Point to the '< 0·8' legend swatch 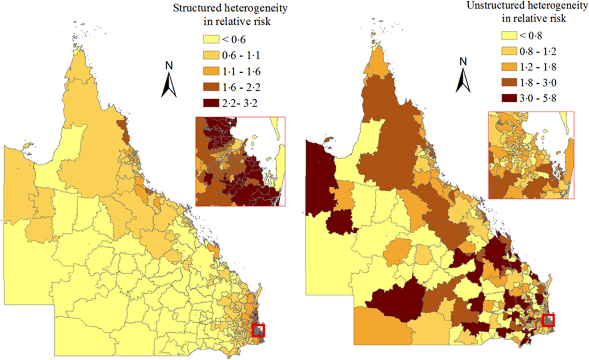[x=509, y=35]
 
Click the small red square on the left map [x=258, y=331]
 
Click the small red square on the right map [x=548, y=320]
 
